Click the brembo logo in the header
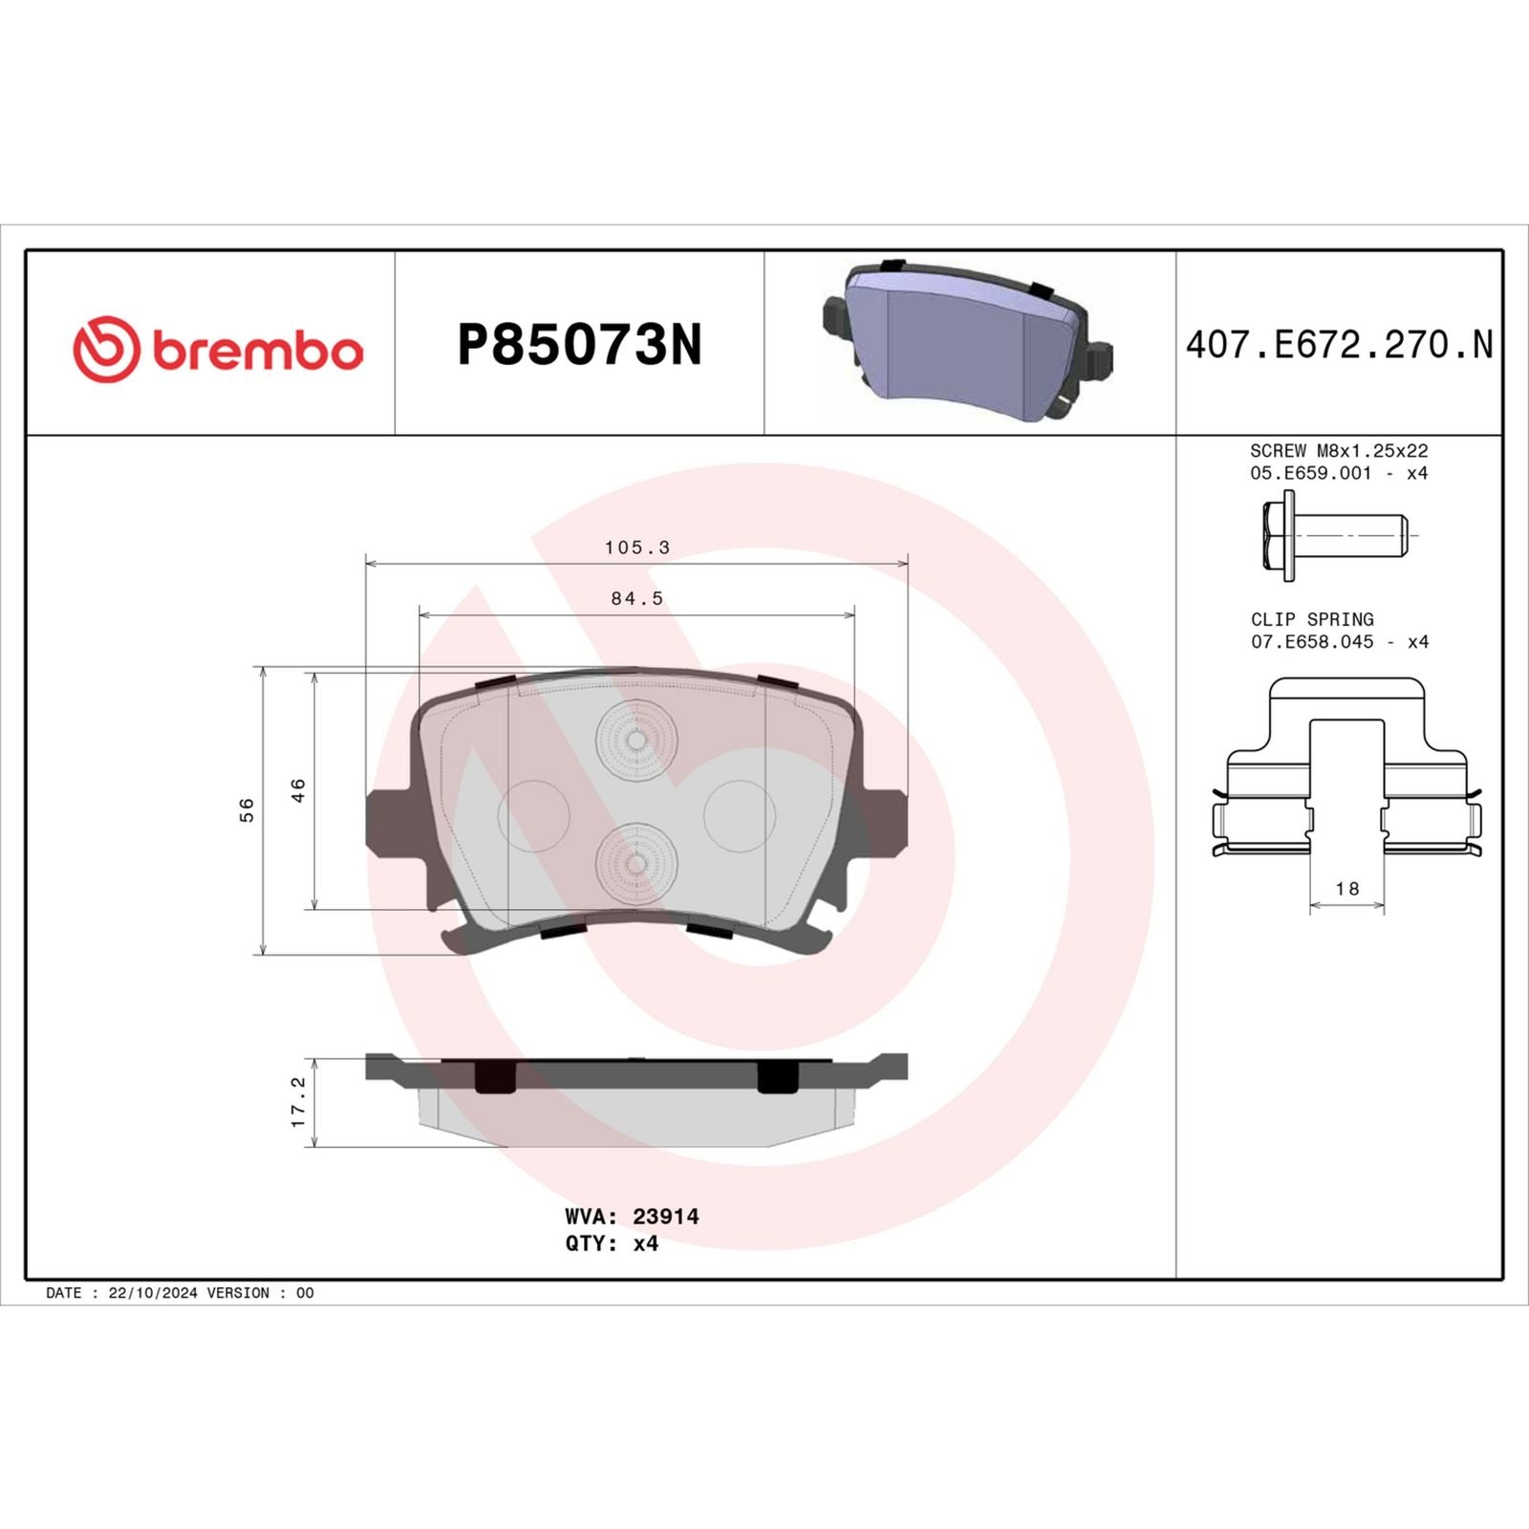(x=218, y=349)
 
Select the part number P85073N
(x=579, y=345)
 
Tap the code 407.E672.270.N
(x=1339, y=345)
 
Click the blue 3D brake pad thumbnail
(x=967, y=341)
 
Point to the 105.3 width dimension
(x=636, y=548)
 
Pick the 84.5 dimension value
(x=636, y=598)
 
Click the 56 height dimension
(x=247, y=809)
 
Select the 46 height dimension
(x=298, y=790)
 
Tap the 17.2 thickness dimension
(x=298, y=1102)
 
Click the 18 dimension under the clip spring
(x=1346, y=889)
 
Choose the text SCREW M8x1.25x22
(x=1339, y=450)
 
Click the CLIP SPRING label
(x=1312, y=619)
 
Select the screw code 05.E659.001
(x=1310, y=473)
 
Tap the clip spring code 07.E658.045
(x=1312, y=642)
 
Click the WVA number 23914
(x=665, y=1217)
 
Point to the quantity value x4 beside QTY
(x=646, y=1243)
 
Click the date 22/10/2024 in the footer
(x=153, y=1293)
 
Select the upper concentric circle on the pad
(x=635, y=739)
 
